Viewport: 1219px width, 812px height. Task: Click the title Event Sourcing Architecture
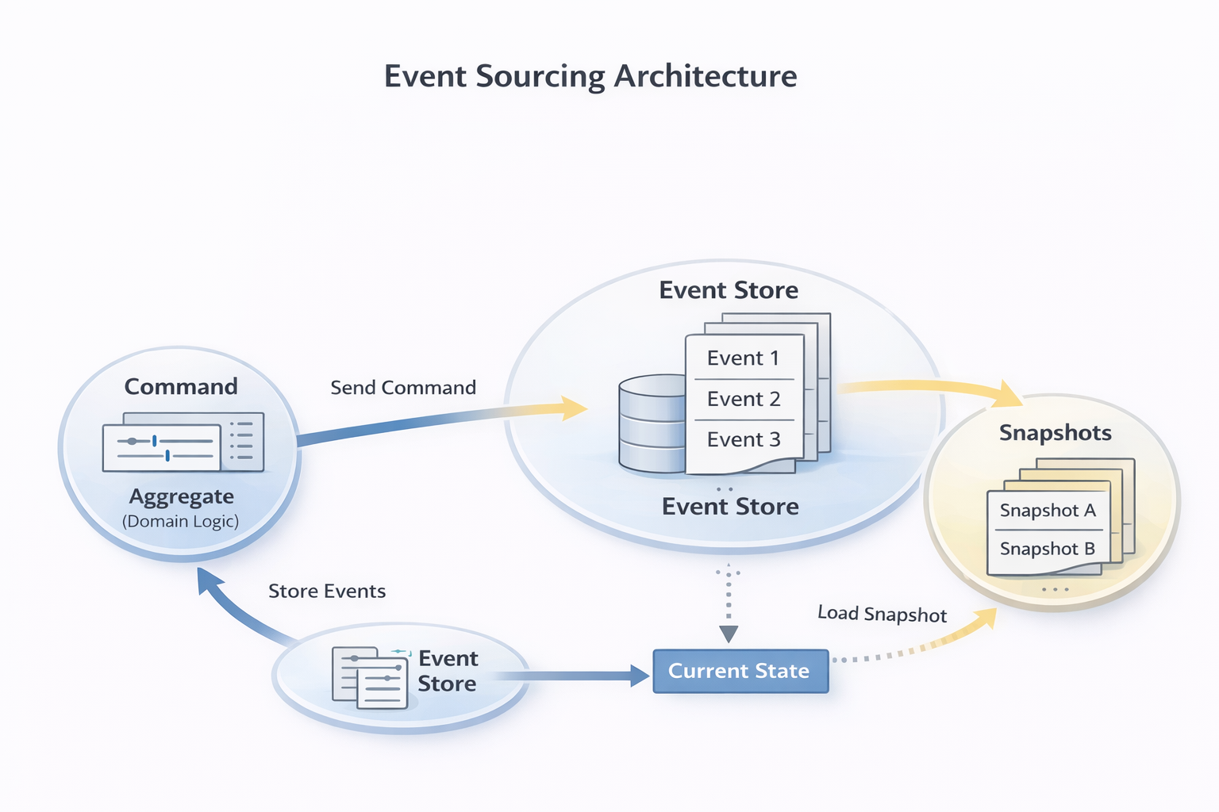click(590, 76)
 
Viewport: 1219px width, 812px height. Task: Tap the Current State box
click(740, 671)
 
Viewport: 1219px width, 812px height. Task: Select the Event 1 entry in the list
click(743, 358)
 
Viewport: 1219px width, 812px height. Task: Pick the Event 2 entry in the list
click(744, 399)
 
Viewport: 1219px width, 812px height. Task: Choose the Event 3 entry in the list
click(744, 439)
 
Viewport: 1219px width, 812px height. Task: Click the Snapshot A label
click(1048, 511)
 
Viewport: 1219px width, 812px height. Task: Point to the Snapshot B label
click(1047, 549)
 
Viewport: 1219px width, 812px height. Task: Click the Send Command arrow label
click(403, 388)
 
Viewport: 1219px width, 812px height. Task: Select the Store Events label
click(327, 591)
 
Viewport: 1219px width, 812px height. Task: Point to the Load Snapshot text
click(882, 614)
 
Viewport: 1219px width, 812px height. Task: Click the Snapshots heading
click(1055, 433)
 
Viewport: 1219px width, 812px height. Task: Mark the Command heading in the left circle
click(181, 387)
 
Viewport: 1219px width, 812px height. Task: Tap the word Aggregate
click(182, 496)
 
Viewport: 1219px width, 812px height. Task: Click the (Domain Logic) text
click(181, 522)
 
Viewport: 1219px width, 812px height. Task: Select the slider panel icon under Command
click(183, 442)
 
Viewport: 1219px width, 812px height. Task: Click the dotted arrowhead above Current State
click(729, 634)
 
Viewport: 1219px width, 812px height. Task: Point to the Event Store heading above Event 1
click(729, 290)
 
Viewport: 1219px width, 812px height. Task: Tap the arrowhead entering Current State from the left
click(640, 676)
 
